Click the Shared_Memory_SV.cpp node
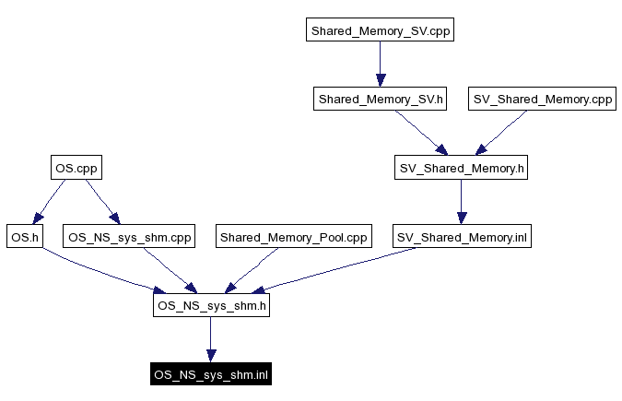point(381,30)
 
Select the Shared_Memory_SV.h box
point(381,99)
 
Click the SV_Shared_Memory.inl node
point(462,237)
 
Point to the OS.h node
point(24,237)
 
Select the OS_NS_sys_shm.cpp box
point(129,237)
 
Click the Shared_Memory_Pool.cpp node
point(293,237)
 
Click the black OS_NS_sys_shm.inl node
point(211,374)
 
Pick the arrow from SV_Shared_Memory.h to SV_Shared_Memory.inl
point(462,202)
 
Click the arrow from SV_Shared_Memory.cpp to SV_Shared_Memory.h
point(502,133)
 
